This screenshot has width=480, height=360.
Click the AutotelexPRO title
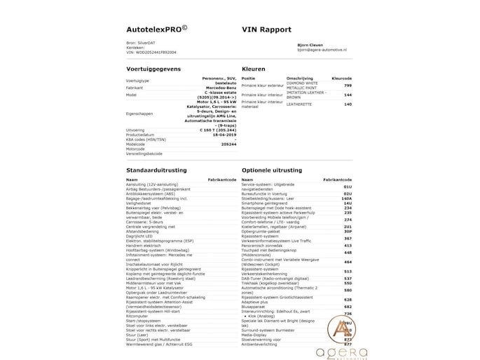click(x=156, y=29)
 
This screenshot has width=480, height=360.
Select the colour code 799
click(x=348, y=85)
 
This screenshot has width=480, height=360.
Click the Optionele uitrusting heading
click(x=275, y=170)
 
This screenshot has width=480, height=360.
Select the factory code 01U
click(x=348, y=188)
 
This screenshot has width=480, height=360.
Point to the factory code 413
click(x=348, y=246)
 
